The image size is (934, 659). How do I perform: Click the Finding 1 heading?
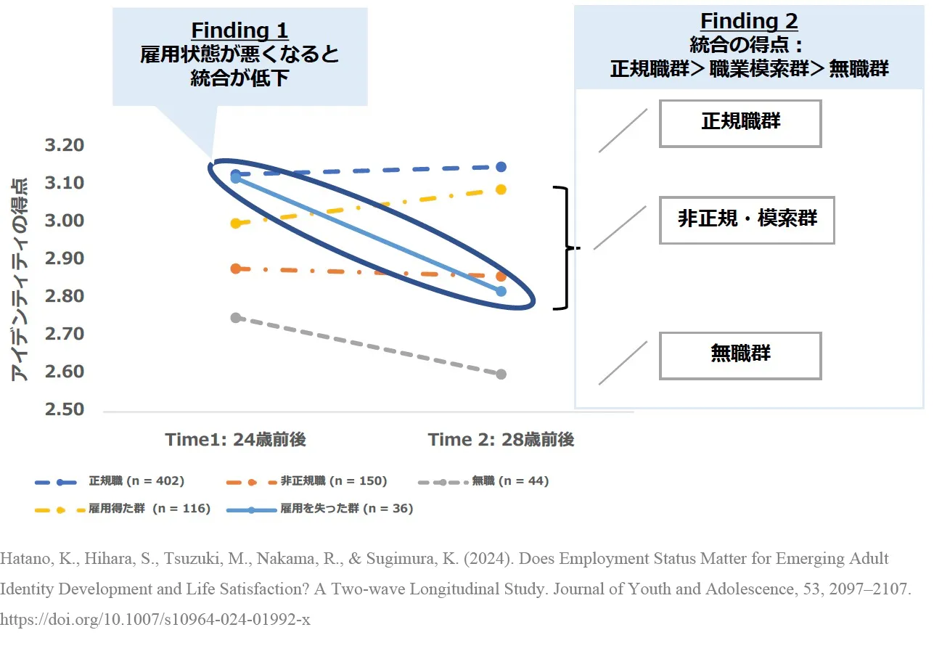click(239, 30)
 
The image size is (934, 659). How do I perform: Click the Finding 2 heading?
click(749, 21)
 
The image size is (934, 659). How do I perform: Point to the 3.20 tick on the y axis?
click(65, 145)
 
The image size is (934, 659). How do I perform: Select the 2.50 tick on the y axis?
click(65, 409)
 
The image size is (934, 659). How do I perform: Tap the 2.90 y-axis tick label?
click(65, 258)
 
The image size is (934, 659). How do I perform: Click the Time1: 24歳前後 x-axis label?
click(236, 440)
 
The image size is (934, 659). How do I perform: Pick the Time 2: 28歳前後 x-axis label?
click(501, 440)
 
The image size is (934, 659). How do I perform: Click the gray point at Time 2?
click(501, 374)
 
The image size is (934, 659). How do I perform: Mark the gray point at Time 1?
click(236, 318)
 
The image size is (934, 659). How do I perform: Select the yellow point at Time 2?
click(501, 189)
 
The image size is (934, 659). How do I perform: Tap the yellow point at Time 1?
click(236, 224)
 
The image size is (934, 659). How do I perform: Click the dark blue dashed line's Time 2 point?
click(501, 167)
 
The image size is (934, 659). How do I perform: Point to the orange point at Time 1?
click(236, 269)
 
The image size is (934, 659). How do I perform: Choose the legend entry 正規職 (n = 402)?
click(110, 481)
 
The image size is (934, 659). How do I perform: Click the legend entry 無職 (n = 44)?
click(483, 481)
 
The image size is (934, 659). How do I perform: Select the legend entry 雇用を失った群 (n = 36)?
click(320, 509)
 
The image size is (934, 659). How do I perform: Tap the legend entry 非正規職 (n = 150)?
click(307, 481)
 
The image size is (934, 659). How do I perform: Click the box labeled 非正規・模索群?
click(747, 220)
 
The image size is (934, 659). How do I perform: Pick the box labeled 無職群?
click(740, 356)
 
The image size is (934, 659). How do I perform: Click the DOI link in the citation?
click(155, 619)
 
